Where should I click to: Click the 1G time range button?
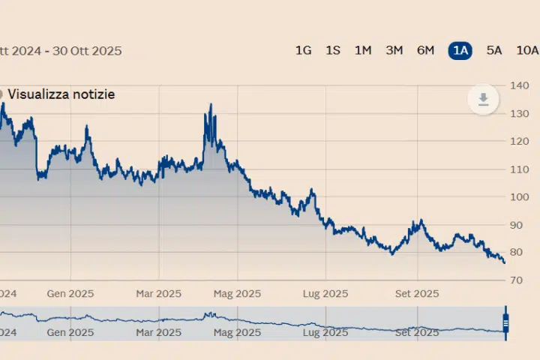pyautogui.click(x=303, y=50)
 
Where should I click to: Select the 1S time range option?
pyautogui.click(x=333, y=50)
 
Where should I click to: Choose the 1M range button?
pyautogui.click(x=363, y=50)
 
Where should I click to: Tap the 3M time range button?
pyautogui.click(x=394, y=50)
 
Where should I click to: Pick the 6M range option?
pyautogui.click(x=425, y=50)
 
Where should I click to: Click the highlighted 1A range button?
pyautogui.click(x=460, y=50)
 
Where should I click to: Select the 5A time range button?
pyautogui.click(x=494, y=50)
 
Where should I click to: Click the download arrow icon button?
pyautogui.click(x=484, y=100)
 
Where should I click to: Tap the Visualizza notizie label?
pyautogui.click(x=61, y=94)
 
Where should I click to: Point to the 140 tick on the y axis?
pyautogui.click(x=519, y=85)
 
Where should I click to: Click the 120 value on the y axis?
pyautogui.click(x=519, y=141)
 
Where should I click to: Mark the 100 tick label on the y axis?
pyautogui.click(x=519, y=197)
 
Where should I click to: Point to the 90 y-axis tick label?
pyautogui.click(x=519, y=225)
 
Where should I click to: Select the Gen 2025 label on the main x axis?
pyautogui.click(x=70, y=293)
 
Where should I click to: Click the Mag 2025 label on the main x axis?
pyautogui.click(x=237, y=293)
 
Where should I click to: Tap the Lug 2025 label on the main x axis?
pyautogui.click(x=325, y=293)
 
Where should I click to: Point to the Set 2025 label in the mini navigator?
pyautogui.click(x=417, y=331)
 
